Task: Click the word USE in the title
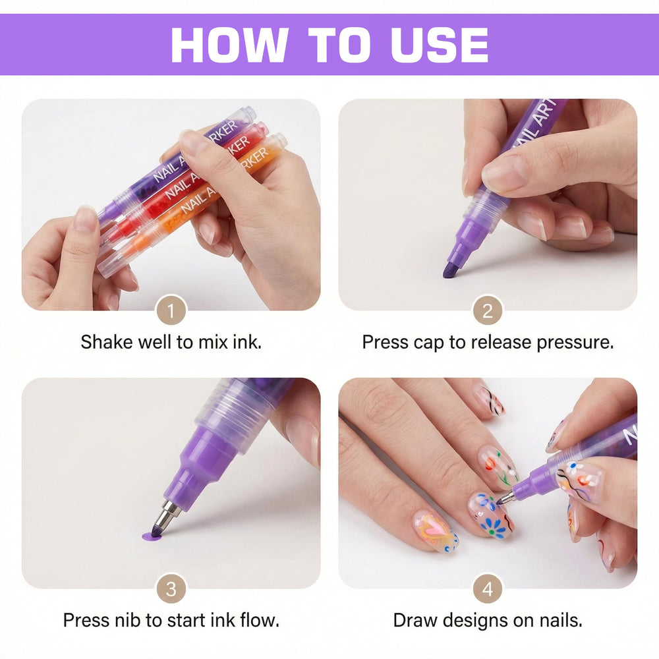pyautogui.click(x=440, y=45)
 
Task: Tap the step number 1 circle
pyautogui.click(x=171, y=310)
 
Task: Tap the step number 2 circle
pyautogui.click(x=488, y=310)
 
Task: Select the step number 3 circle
pyautogui.click(x=171, y=588)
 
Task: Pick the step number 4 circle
pyautogui.click(x=488, y=588)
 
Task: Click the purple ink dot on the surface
pyautogui.click(x=150, y=536)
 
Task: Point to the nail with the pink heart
pyautogui.click(x=436, y=530)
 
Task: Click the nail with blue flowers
pyautogui.click(x=491, y=516)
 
